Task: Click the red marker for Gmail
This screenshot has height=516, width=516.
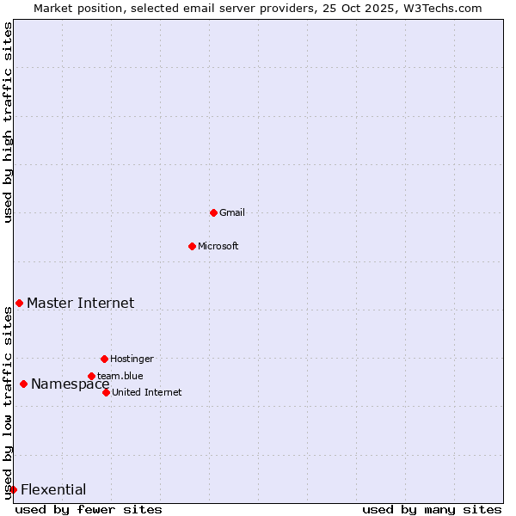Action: pos(213,212)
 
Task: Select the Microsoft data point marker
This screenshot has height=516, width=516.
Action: pos(192,246)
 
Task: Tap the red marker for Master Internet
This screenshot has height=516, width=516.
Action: pos(19,303)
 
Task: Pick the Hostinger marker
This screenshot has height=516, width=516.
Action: pos(104,359)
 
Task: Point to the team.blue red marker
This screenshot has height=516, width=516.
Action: pos(91,376)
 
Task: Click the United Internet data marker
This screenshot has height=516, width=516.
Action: pos(106,392)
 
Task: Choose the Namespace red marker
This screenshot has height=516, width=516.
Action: pos(23,384)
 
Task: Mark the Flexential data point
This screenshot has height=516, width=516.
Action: pos(13,489)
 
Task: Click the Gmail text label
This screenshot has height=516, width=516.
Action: pos(232,212)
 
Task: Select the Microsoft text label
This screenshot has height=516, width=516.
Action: pos(218,246)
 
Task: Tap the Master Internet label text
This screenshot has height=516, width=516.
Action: pos(80,303)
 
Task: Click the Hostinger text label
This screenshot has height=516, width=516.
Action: pos(132,359)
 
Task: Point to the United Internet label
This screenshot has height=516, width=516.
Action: pos(146,392)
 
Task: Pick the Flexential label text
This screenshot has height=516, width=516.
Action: pos(53,490)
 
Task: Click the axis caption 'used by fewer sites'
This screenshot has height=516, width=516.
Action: pos(89,509)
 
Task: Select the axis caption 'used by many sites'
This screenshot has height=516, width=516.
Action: pos(432,509)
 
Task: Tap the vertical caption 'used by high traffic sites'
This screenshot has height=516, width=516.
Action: pos(8,122)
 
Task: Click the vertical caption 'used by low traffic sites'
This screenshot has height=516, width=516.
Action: pos(8,402)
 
